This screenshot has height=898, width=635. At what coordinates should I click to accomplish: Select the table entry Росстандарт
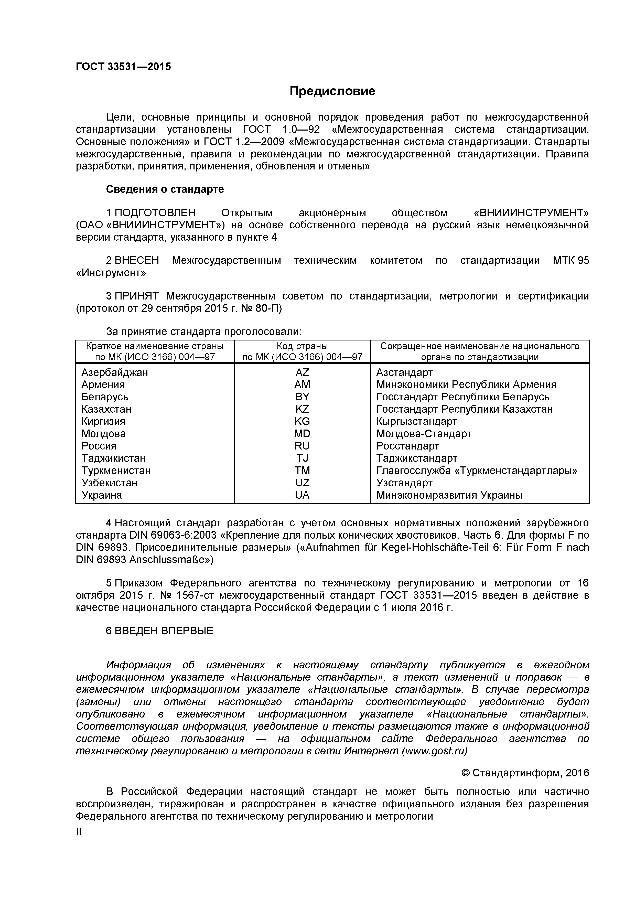[407, 446]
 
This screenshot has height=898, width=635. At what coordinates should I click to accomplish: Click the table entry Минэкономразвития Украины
[449, 495]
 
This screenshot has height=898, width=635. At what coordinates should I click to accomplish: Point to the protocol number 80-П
[268, 308]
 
